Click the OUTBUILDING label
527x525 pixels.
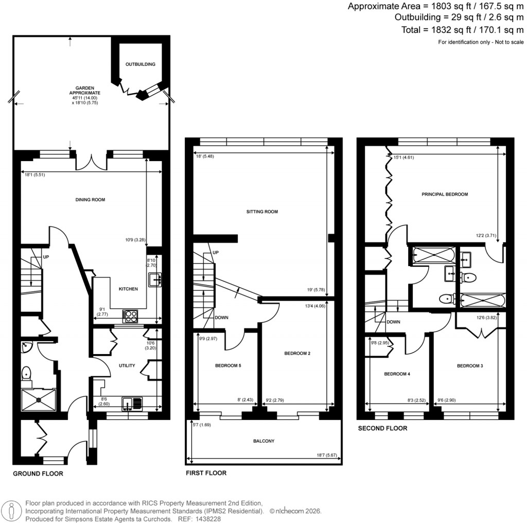click(x=140, y=64)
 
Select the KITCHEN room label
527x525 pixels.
click(x=128, y=289)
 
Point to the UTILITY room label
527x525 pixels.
click(x=127, y=366)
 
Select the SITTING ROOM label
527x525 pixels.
click(x=262, y=212)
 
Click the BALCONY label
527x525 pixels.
click(x=263, y=441)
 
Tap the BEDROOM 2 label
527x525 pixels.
click(x=297, y=354)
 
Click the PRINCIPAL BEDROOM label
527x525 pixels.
click(x=444, y=195)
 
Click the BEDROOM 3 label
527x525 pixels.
click(x=470, y=366)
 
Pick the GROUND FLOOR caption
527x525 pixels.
click(x=38, y=474)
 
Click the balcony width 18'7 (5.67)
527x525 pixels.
click(x=327, y=455)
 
